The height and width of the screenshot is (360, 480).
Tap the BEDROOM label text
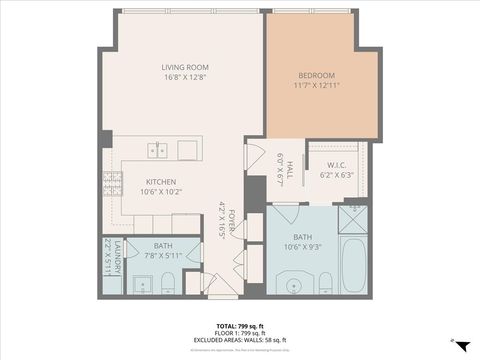(317, 76)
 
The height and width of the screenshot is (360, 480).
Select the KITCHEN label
(133, 182)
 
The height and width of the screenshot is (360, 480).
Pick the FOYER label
(231, 219)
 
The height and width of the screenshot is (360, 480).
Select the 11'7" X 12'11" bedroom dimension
(317, 87)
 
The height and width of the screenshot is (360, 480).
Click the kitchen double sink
(157, 150)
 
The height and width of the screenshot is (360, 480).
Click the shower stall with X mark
(353, 211)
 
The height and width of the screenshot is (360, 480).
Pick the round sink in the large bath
(294, 287)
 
